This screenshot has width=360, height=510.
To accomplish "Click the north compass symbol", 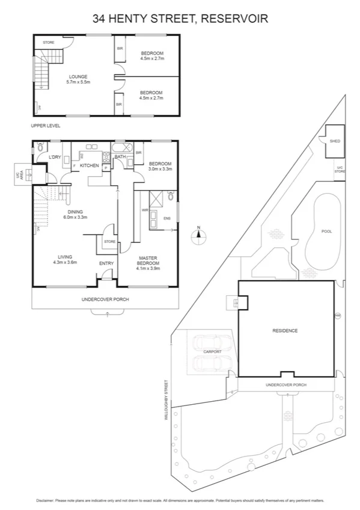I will pos(198,236).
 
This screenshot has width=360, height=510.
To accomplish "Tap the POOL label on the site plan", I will pos(326,231).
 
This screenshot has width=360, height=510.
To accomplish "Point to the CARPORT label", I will pos(213,352).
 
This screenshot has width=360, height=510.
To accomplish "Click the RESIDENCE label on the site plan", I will pos(285,331).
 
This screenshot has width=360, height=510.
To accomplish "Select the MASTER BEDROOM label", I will pos(148,261).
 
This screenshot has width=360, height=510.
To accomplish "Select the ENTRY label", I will pos(106,263).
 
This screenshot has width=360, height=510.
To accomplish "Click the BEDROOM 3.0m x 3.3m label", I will pos(160,166).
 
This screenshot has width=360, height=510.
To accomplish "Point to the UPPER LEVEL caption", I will pos(46,126).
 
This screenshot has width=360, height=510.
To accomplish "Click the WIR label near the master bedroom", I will pos(144,210).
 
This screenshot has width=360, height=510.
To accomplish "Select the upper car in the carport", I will pos(206,343).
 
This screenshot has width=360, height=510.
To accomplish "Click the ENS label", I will pos(166,218).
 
